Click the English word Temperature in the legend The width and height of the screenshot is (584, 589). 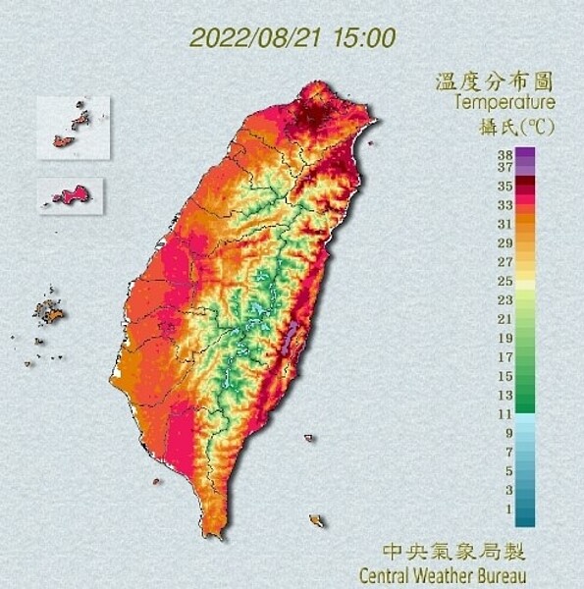coord(504,101)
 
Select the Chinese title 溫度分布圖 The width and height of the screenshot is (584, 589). coord(495,80)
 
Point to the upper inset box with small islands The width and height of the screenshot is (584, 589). coord(73,127)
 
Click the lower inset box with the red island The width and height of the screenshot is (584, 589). coord(71,194)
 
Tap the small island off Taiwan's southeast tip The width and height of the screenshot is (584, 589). coord(316,520)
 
